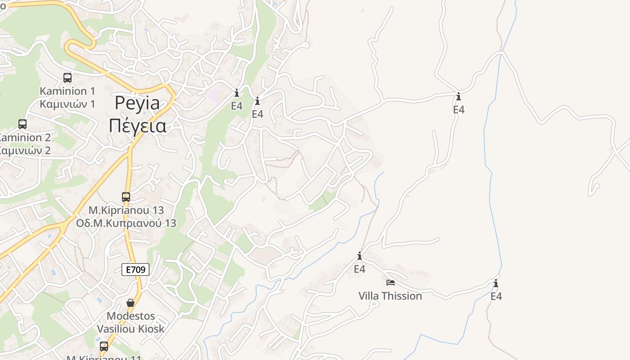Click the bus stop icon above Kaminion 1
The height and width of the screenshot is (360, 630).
tap(67, 78)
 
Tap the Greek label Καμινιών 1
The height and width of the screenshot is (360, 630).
tap(67, 104)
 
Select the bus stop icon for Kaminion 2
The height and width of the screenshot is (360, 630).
tap(22, 124)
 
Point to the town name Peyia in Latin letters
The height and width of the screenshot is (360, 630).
tap(137, 103)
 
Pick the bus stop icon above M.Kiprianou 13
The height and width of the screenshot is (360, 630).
tap(126, 197)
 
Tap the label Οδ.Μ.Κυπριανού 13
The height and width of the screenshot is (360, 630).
tap(126, 223)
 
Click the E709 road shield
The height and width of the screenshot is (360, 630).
tap(135, 270)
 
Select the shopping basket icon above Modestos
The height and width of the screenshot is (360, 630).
tap(130, 303)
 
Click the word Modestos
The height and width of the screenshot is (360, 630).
tap(130, 316)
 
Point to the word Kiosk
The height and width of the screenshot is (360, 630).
tap(152, 329)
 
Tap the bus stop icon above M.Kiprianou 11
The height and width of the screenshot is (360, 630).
tap(104, 346)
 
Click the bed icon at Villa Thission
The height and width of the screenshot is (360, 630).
tap(391, 283)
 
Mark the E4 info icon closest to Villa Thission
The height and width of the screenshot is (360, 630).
tap(360, 256)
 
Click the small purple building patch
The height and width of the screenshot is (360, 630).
tap(215, 95)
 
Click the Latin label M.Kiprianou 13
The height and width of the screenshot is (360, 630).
tap(126, 210)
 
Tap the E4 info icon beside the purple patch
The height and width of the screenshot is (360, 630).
tap(237, 93)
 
